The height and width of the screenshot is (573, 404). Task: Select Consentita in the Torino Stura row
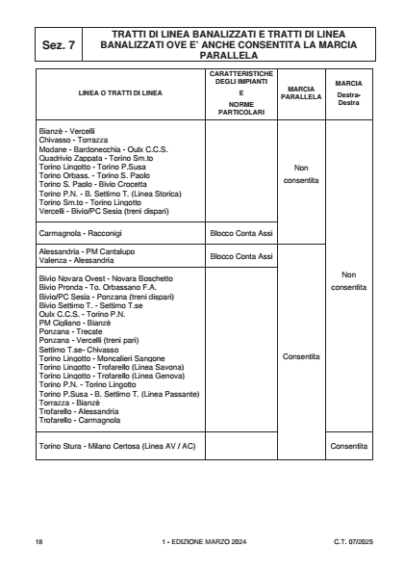coord(347,446)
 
